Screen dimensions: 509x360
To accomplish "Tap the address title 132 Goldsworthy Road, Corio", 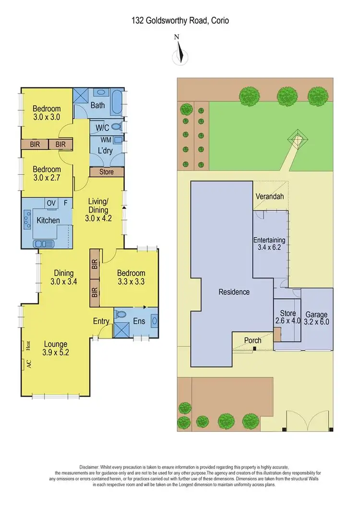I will pyautogui.click(x=180, y=21).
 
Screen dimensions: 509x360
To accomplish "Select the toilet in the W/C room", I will pyautogui.click(x=116, y=127).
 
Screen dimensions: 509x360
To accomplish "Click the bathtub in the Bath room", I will pyautogui.click(x=117, y=102).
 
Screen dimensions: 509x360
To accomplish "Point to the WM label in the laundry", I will pyautogui.click(x=106, y=139).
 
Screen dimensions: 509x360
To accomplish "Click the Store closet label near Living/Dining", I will pyautogui.click(x=107, y=171).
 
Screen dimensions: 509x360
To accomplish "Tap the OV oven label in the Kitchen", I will pyautogui.click(x=50, y=203).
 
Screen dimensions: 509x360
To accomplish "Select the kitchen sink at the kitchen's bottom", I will pyautogui.click(x=44, y=243).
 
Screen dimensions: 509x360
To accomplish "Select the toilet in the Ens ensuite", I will pyautogui.click(x=120, y=315).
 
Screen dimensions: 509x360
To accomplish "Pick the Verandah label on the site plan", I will pyautogui.click(x=269, y=197).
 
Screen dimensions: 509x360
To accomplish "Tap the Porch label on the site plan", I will pyautogui.click(x=253, y=340).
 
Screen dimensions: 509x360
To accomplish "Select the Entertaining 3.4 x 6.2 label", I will pyautogui.click(x=269, y=244).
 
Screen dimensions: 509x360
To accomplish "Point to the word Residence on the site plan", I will pyautogui.click(x=234, y=291).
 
